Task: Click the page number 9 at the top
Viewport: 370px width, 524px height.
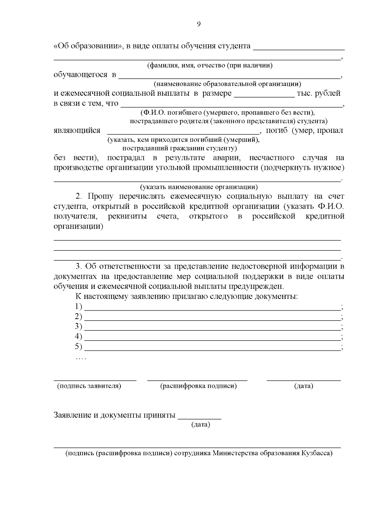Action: (199, 24)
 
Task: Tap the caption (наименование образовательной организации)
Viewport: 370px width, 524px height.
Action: (228, 84)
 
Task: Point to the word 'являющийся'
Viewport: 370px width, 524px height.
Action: (77, 130)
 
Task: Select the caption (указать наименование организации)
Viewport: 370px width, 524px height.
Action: (199, 187)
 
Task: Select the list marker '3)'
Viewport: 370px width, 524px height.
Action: (79, 326)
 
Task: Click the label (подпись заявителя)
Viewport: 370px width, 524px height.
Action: (89, 386)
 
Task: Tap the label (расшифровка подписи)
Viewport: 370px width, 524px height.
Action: (199, 386)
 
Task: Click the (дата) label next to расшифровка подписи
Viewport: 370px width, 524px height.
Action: (304, 386)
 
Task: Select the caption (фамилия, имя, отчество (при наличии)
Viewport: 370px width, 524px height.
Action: (210, 65)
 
